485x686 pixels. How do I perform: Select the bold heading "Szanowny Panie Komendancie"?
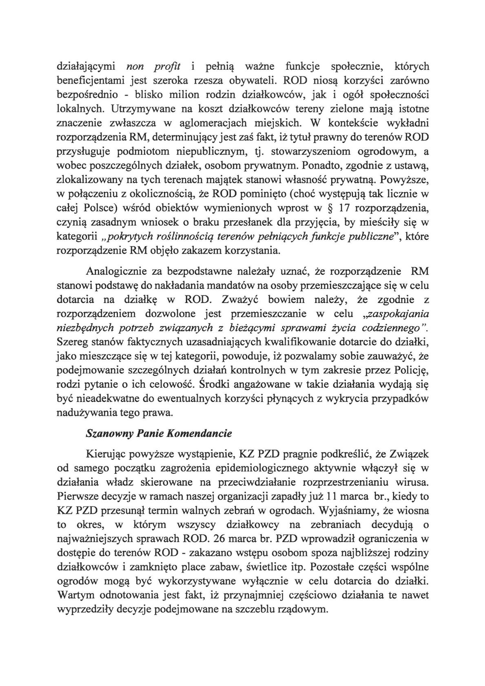pos(159,433)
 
